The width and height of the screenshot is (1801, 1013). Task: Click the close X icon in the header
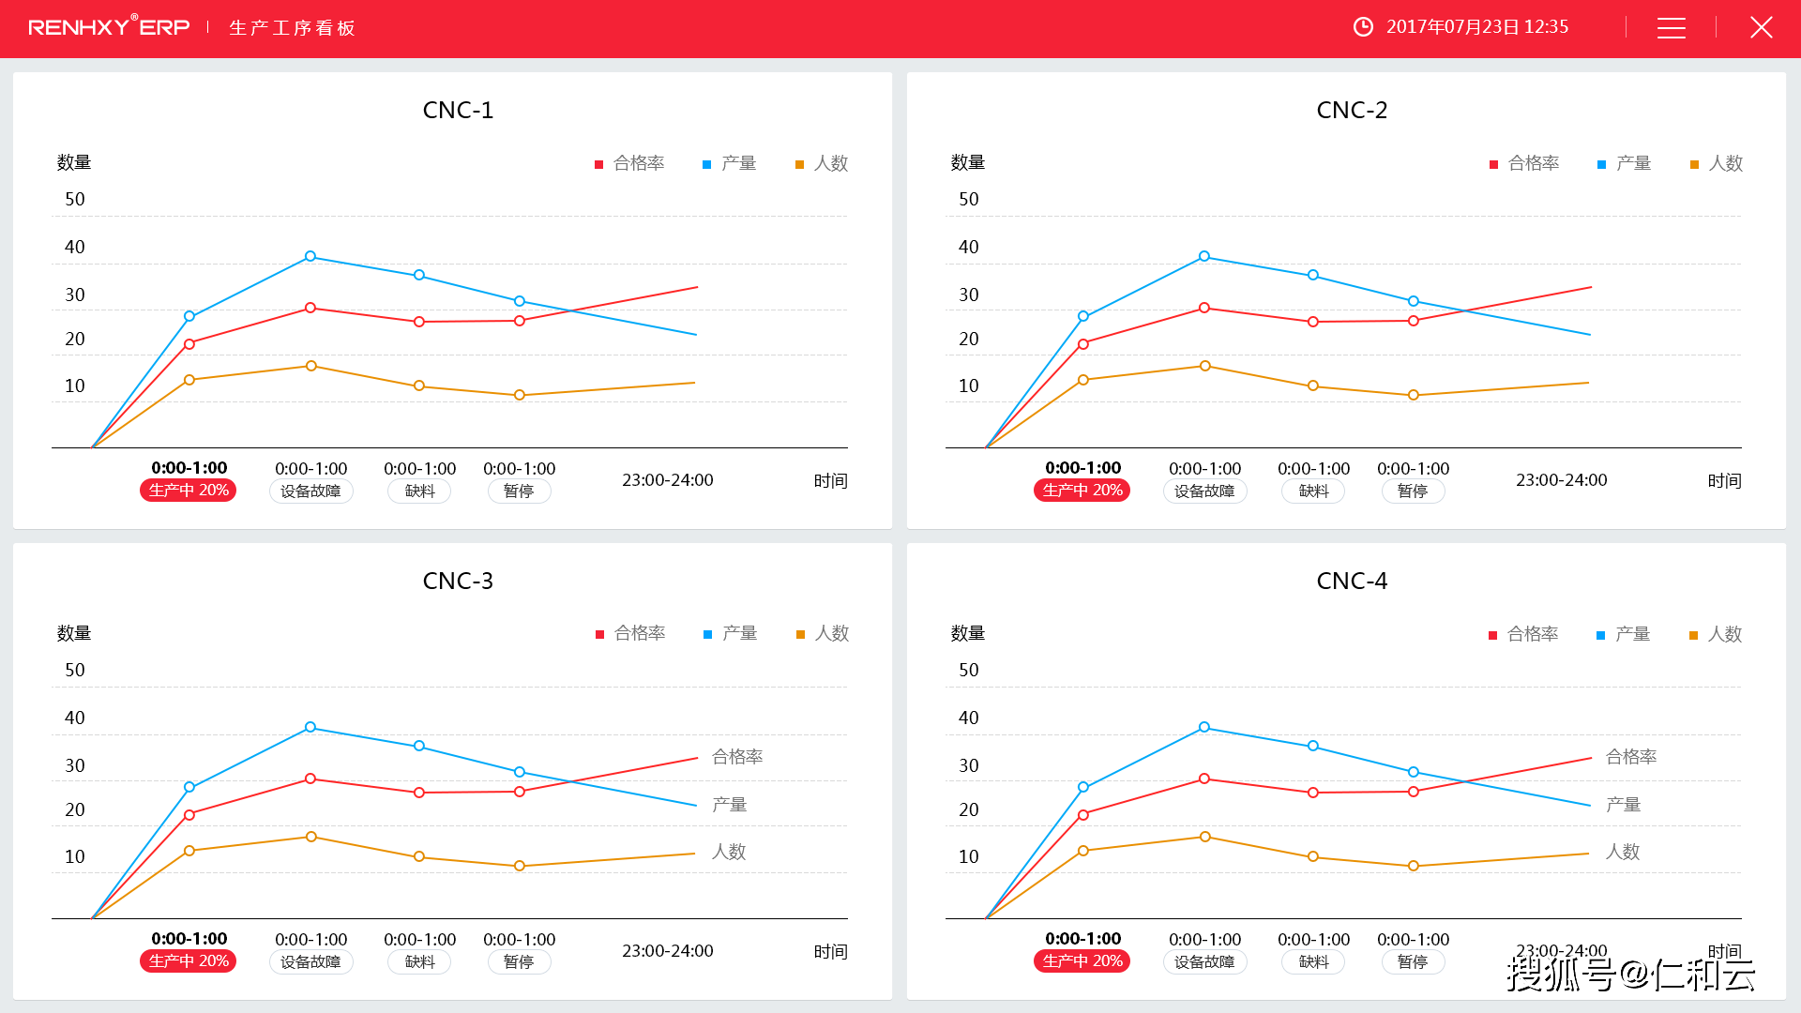[1761, 28]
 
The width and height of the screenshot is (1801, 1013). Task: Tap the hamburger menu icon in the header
[1671, 28]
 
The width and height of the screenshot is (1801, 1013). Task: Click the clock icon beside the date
[1363, 27]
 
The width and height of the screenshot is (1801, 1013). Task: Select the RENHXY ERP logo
[109, 27]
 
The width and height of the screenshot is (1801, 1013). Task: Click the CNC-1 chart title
[458, 111]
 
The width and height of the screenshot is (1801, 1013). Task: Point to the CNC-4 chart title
[1352, 582]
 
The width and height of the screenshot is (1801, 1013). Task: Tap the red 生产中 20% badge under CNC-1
[189, 491]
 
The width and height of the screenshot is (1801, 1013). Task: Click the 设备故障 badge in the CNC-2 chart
[1204, 491]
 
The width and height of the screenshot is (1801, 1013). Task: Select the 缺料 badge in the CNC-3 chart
[419, 962]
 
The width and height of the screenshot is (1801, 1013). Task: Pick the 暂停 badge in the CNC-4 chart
[1413, 962]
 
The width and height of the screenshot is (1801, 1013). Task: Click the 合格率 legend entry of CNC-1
[630, 164]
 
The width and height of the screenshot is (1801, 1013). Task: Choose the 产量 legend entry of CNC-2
[1625, 164]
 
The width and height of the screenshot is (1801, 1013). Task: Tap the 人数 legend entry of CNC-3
[823, 634]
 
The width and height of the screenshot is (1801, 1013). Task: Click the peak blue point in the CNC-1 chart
[310, 256]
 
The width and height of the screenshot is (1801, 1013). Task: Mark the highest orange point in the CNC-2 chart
[1205, 366]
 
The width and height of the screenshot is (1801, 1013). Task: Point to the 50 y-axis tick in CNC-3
[75, 671]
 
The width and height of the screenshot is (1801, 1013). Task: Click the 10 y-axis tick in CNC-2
[969, 386]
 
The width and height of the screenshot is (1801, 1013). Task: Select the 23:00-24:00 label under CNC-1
[668, 480]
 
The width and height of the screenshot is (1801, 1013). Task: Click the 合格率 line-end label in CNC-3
[737, 757]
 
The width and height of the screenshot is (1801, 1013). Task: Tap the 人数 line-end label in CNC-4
[1623, 852]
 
